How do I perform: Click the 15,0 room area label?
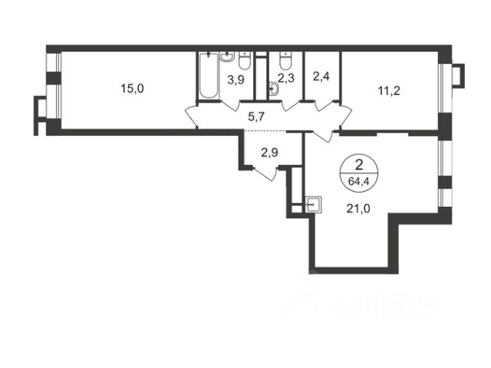132,88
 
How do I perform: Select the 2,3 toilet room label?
285,77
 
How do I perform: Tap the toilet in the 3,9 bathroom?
245,61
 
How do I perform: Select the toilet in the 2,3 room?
285,61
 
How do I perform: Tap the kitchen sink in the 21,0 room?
312,205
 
